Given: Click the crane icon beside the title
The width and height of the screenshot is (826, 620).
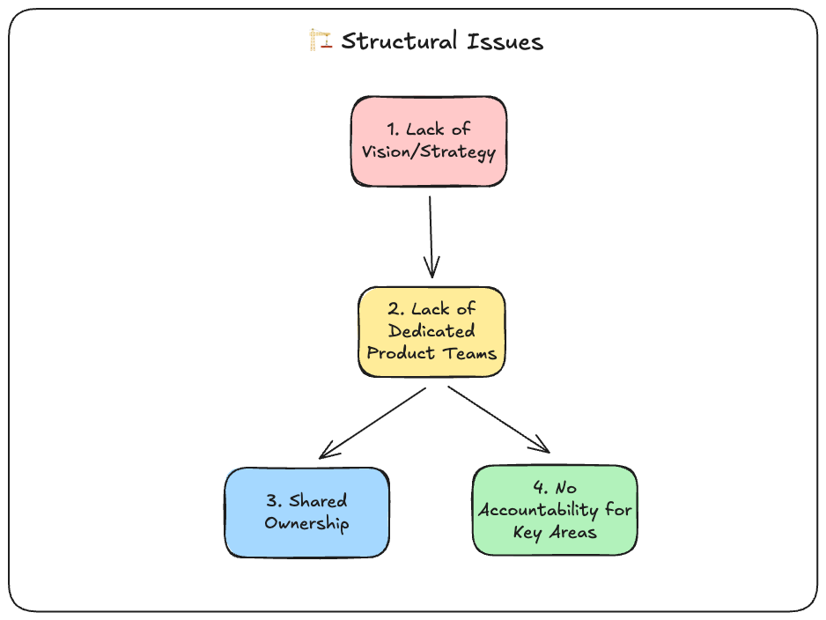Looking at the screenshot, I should tap(321, 41).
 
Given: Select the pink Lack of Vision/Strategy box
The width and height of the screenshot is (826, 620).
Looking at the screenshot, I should tap(429, 141).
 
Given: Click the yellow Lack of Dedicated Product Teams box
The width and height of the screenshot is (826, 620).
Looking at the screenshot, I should tap(431, 331).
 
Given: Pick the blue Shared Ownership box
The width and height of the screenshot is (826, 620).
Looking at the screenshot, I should tap(306, 512).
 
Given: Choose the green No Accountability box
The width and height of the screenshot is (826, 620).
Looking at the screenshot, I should tap(554, 510).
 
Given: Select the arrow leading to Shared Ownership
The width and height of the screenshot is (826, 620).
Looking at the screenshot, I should tap(372, 423).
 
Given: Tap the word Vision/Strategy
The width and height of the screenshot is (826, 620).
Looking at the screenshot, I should tap(429, 152).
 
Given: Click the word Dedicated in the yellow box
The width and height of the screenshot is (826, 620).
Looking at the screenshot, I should tap(431, 331).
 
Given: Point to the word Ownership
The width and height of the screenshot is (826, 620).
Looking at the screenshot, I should tap(306, 524).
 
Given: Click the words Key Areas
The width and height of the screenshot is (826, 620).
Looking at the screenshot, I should tap(555, 533).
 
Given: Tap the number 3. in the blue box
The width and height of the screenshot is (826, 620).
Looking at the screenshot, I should tap(273, 501).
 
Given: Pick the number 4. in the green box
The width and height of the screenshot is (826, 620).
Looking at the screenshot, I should tap(540, 488).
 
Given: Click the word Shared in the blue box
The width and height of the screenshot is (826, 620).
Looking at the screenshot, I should tap(318, 501).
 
